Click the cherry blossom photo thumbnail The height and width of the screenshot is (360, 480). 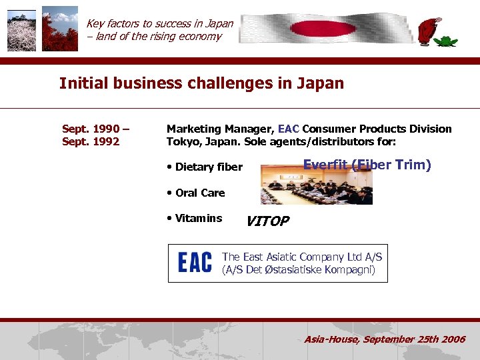(x=21, y=31)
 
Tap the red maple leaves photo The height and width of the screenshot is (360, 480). (x=60, y=31)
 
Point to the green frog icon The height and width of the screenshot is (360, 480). (x=445, y=39)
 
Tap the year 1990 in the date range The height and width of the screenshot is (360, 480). (x=105, y=129)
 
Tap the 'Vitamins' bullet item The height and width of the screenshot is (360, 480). (x=198, y=218)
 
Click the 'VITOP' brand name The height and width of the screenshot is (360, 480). (x=267, y=221)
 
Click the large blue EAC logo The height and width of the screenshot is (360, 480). (x=195, y=263)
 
